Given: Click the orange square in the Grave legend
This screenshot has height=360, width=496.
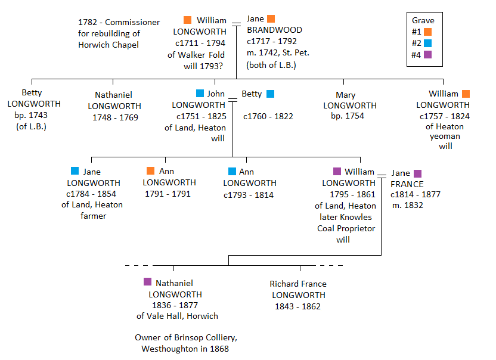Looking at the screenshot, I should (427, 32).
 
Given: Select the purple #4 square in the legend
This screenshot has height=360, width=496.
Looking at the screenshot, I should (427, 55).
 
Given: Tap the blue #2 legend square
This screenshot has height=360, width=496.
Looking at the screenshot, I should (427, 44).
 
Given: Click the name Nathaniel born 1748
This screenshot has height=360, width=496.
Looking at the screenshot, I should (113, 95).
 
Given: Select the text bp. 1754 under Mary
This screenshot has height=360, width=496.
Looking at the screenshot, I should (348, 116).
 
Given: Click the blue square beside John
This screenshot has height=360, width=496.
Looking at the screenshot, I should (200, 94).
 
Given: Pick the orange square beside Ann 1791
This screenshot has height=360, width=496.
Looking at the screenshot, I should (150, 171).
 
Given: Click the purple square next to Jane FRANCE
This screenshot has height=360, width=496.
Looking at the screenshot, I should (417, 173).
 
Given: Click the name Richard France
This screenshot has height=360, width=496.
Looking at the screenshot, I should (298, 284).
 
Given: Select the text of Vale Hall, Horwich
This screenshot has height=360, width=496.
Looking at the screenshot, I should (177, 316).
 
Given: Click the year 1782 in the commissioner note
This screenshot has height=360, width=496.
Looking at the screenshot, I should (88, 22).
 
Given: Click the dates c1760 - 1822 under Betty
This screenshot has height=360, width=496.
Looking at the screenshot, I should (268, 116).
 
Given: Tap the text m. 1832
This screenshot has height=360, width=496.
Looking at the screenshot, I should (407, 206).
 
